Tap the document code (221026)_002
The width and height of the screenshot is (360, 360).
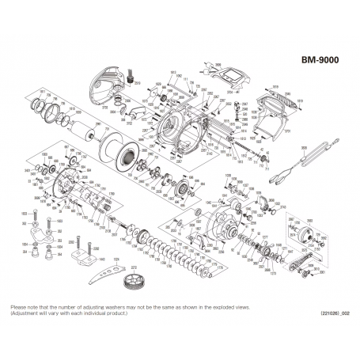pos(335,314)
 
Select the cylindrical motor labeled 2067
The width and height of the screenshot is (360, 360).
pos(81,130)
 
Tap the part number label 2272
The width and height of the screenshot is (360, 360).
pos(133,269)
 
